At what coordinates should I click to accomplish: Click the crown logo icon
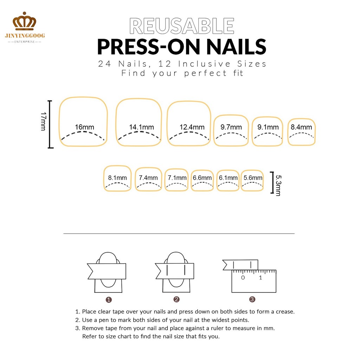coord(24,21)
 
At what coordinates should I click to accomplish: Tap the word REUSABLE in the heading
coord(182,26)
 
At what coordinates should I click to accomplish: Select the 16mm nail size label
coord(84,127)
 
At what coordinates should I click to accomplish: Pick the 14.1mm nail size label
coord(141,127)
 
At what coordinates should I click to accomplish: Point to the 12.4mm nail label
coord(192,127)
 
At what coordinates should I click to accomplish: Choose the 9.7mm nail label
coord(231,127)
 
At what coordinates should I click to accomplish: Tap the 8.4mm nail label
coord(301,127)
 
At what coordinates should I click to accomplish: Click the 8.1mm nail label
coord(117,178)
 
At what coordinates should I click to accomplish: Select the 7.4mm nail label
coord(148,178)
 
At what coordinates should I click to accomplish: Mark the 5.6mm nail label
coord(253,178)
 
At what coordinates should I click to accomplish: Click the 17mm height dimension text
coord(44,121)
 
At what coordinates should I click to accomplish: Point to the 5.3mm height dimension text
coord(278,185)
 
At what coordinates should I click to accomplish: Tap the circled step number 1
coord(109,300)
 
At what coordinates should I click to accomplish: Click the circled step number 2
coord(176,299)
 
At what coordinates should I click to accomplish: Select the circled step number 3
coord(252,299)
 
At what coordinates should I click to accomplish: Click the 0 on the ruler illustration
coord(243,278)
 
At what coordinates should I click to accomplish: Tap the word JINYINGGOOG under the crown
coord(25,36)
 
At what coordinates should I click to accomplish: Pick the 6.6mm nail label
coord(202,178)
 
